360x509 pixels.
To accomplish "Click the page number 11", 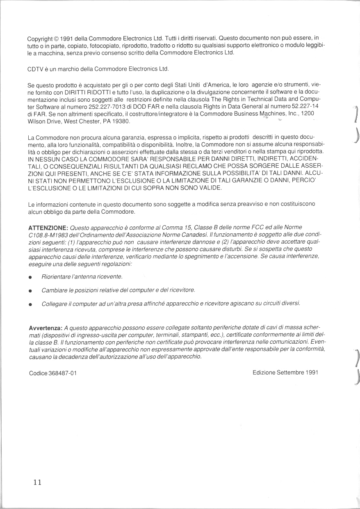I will point(37,482).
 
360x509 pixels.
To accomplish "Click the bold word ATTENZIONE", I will point(48,228).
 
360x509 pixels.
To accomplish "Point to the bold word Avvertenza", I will point(46,328).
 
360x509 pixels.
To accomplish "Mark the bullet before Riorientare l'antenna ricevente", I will point(30,278).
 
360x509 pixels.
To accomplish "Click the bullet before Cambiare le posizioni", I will point(30,291).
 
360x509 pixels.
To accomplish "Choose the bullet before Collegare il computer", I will point(30,304).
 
